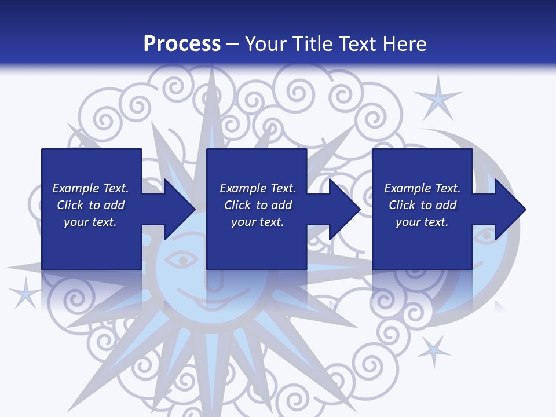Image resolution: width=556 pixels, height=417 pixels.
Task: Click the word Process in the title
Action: click(x=182, y=44)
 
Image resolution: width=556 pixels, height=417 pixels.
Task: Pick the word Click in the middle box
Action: click(x=237, y=205)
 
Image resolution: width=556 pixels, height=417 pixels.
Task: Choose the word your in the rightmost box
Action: click(x=408, y=222)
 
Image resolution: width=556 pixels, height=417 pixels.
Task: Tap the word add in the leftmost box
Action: click(x=114, y=205)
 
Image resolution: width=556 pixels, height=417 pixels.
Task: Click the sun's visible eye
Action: click(x=185, y=261)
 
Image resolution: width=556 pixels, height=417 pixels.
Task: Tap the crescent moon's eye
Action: click(x=484, y=235)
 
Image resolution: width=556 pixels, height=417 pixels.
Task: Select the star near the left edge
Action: click(x=24, y=292)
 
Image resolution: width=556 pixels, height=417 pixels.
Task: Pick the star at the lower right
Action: click(x=433, y=350)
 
